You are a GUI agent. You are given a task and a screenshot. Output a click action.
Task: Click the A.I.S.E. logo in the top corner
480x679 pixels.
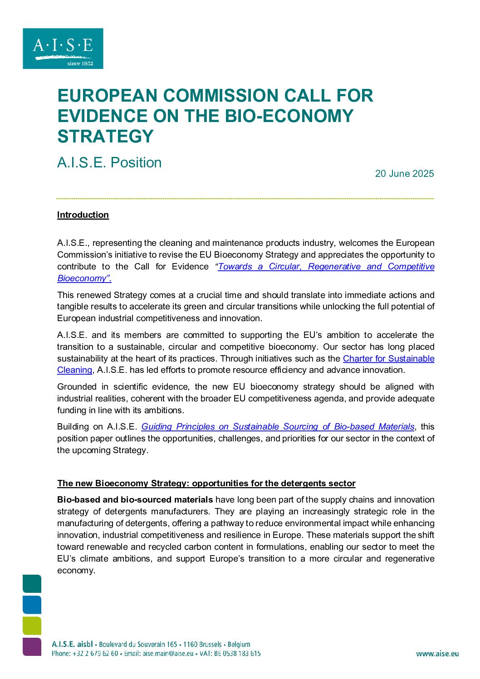coord(63,49)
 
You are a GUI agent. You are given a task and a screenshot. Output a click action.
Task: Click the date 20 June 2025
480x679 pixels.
coord(404,174)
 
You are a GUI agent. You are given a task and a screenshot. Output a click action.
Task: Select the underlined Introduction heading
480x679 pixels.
coord(83,215)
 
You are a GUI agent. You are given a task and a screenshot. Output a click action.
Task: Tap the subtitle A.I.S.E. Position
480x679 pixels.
coord(109,162)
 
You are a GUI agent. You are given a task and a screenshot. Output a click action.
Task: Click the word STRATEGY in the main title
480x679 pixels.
coord(106,136)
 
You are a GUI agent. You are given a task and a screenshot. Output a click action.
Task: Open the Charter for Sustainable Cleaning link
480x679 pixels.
coord(388,359)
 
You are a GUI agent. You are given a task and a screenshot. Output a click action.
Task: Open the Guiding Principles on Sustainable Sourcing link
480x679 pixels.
coord(278,427)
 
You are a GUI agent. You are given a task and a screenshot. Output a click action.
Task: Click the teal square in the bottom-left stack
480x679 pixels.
coord(32,584)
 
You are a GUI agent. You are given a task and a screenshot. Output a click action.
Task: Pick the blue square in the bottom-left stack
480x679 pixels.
coord(32,605)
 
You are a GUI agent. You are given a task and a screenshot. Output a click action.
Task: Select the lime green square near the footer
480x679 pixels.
coord(32,626)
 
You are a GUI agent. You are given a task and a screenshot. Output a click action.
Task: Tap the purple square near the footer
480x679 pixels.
coord(32,647)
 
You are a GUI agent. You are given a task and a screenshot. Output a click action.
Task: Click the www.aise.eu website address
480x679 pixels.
coord(437,654)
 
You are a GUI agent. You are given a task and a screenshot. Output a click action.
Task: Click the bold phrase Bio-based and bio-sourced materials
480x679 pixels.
coord(135,500)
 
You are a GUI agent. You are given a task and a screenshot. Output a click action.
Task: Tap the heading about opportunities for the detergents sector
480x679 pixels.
coord(206,484)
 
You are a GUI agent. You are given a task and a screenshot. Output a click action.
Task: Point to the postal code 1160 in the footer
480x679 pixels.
coord(191,645)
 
